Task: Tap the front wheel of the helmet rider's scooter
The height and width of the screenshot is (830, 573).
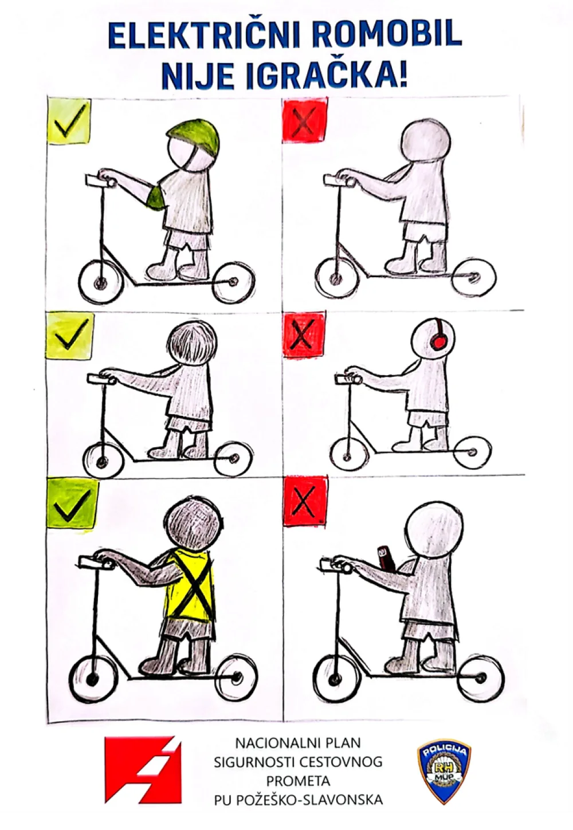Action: point(100,284)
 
